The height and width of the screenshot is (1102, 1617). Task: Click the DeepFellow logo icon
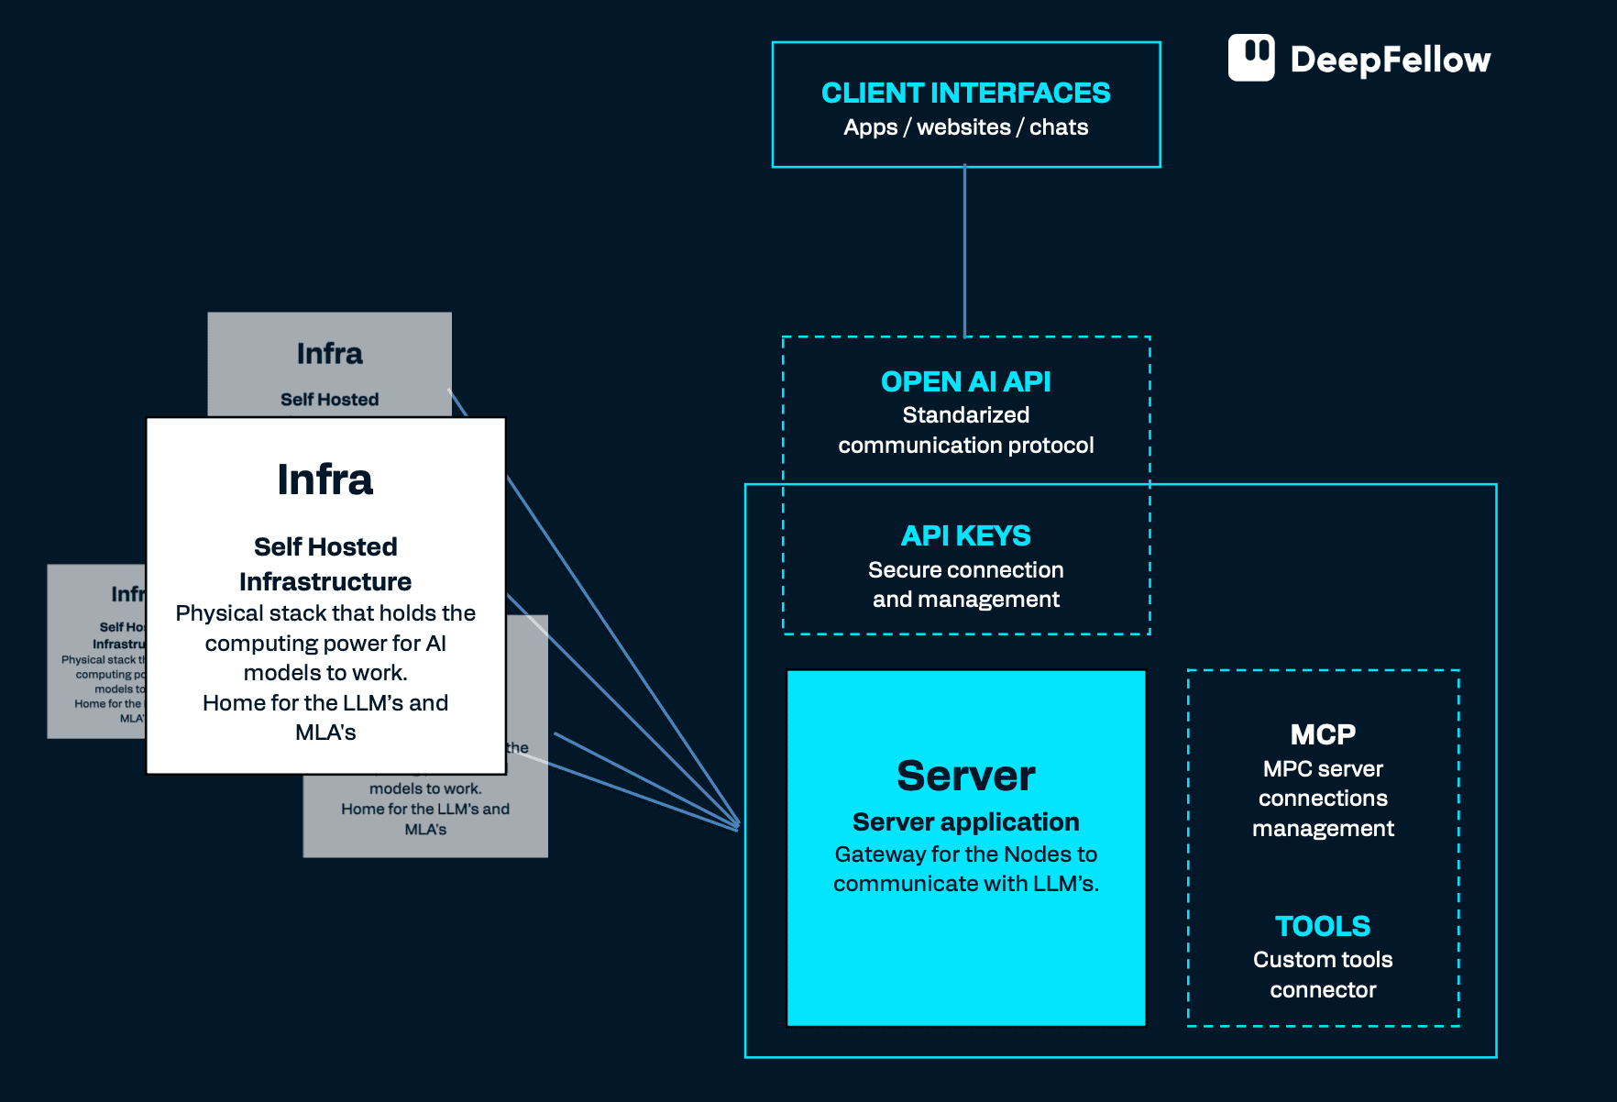(1251, 58)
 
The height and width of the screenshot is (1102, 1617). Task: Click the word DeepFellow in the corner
(1390, 60)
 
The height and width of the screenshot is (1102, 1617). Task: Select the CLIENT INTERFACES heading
(965, 93)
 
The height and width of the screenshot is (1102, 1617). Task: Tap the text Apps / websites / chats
(965, 127)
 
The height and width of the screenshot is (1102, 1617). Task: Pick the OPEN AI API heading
(965, 381)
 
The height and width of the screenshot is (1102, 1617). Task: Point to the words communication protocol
(965, 446)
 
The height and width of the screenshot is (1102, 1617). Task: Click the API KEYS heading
(965, 535)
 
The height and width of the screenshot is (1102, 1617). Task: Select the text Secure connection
(965, 570)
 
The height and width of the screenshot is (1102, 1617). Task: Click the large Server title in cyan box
(965, 776)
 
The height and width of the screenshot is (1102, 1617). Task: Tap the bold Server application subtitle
(965, 821)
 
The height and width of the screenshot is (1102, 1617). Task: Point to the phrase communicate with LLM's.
(965, 884)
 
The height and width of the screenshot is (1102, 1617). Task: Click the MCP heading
(1322, 734)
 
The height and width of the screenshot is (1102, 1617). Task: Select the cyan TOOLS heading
(1322, 926)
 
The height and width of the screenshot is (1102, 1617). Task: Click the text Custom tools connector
(1322, 975)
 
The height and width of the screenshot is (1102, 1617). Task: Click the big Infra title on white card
(325, 479)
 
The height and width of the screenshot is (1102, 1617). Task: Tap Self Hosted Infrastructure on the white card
(325, 564)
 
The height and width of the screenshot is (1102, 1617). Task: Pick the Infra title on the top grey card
(329, 354)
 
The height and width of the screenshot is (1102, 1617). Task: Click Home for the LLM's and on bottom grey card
(425, 809)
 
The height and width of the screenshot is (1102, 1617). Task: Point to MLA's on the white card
(325, 733)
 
